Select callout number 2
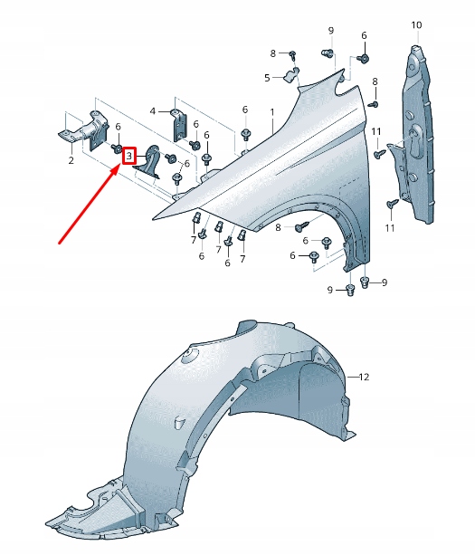tap(71, 161)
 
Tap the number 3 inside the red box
tap(128, 157)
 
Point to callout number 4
tap(153, 111)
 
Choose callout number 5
tap(267, 78)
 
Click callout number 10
tap(416, 24)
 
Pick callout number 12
tap(365, 376)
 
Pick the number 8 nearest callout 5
tap(272, 54)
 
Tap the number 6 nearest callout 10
tap(365, 35)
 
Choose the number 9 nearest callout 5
tap(330, 30)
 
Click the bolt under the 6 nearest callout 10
tap(363, 58)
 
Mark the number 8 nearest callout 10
tap(376, 83)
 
